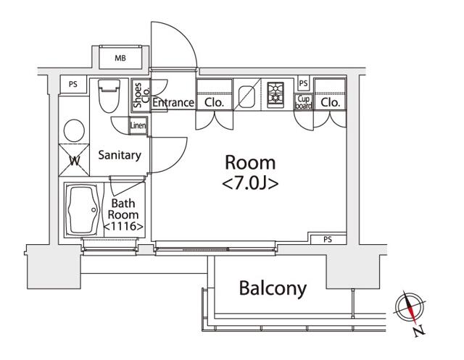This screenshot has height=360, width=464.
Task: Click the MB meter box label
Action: [x=120, y=58]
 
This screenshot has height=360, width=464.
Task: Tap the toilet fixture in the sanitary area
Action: [x=109, y=96]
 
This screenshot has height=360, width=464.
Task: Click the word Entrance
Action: [x=173, y=103]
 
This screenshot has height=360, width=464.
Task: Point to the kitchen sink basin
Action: [x=246, y=96]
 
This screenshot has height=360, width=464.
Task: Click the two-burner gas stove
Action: [x=275, y=95]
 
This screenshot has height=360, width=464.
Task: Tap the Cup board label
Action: [x=303, y=102]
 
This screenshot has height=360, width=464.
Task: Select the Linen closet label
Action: [x=138, y=125]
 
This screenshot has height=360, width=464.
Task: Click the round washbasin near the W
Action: [x=74, y=130]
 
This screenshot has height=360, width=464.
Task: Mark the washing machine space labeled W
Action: [x=74, y=160]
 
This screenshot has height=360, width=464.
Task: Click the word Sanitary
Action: [x=120, y=155]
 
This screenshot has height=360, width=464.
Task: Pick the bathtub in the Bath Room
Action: [x=82, y=210]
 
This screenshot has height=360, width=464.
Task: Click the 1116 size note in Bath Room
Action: [x=124, y=227]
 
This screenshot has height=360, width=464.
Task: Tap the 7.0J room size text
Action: [x=250, y=184]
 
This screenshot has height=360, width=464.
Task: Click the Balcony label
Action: [x=273, y=288]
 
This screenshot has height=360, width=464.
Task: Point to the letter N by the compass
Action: [x=419, y=331]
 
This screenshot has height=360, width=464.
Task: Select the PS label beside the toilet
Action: [x=72, y=84]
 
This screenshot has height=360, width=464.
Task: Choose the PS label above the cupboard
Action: [x=303, y=83]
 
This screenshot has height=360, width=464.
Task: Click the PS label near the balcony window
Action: [x=328, y=240]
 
